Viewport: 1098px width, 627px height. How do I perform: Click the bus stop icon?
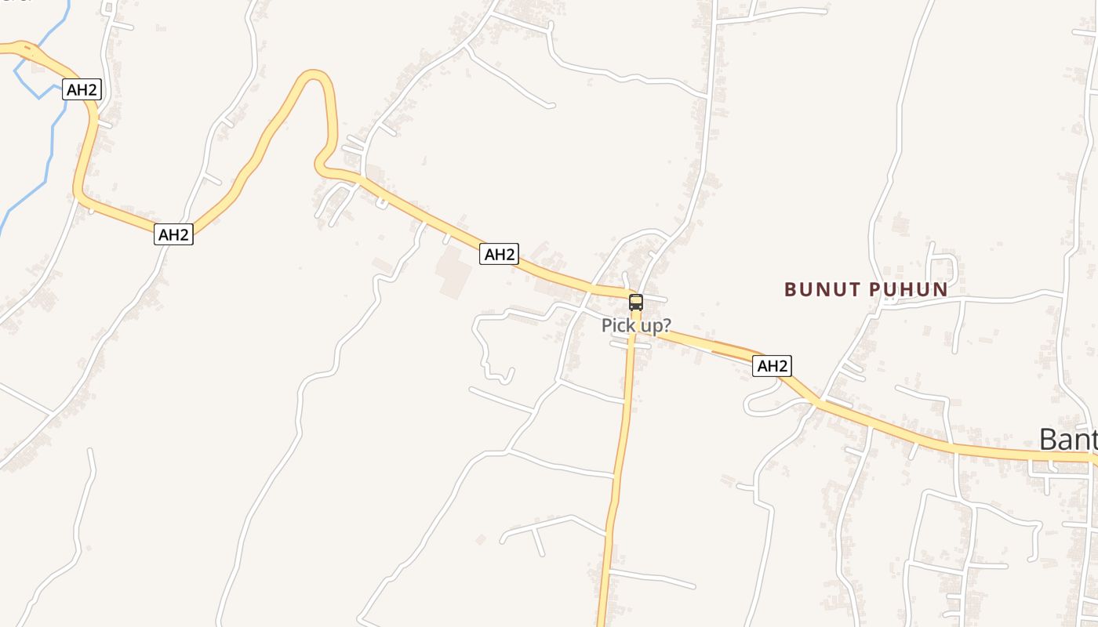635,303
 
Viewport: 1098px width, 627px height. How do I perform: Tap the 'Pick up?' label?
636,325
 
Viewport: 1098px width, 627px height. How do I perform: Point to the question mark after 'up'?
667,325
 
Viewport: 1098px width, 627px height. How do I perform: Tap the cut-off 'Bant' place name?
1067,440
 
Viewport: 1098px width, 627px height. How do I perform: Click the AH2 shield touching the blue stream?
82,89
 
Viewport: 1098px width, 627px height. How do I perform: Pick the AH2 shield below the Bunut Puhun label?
772,365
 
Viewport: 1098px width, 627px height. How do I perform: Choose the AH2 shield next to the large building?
499,254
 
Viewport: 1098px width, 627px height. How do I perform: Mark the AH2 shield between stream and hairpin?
173,234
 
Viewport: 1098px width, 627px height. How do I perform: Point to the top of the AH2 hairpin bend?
314,75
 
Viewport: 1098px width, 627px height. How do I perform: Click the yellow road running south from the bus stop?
624,439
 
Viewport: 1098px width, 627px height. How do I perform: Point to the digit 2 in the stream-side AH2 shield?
93,89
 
